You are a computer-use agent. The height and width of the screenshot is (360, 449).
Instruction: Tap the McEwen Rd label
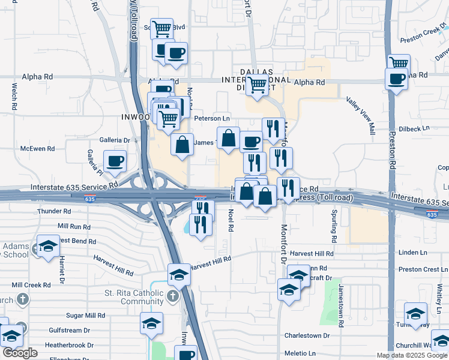[37, 148]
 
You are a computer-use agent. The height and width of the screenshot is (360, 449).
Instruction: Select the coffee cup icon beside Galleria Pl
[115, 161]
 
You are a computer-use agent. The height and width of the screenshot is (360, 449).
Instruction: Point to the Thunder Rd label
[54, 211]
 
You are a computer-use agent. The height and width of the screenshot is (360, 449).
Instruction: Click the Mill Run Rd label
[74, 227]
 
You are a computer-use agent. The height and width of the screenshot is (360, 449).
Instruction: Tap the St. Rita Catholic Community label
[133, 297]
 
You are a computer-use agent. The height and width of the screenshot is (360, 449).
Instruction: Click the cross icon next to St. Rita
[173, 296]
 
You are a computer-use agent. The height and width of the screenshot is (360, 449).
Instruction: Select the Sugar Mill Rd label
[86, 315]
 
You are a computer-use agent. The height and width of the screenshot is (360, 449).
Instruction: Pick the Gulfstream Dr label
[70, 330]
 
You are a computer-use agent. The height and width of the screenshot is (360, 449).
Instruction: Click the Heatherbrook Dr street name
[70, 345]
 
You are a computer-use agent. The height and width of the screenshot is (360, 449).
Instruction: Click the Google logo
[20, 353]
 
